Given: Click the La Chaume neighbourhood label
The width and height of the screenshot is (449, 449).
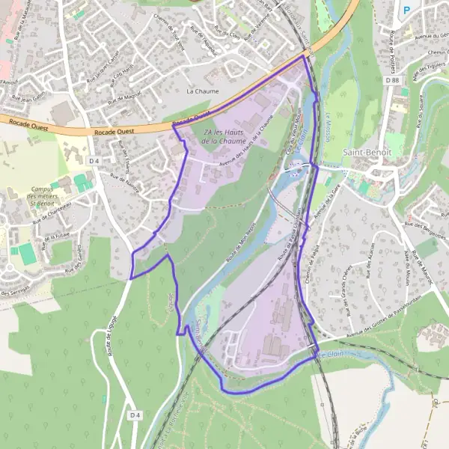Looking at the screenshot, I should pyautogui.click(x=201, y=91).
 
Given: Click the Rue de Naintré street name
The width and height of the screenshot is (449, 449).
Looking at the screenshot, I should pyautogui.click(x=125, y=183).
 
